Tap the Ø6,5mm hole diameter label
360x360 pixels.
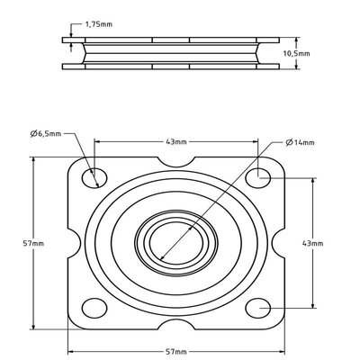pyautogui.click(x=45, y=133)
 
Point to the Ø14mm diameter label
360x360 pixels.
pyautogui.click(x=299, y=141)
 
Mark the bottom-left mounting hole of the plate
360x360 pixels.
pyautogui.click(x=92, y=306)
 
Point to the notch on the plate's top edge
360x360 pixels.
pyautogui.click(x=176, y=162)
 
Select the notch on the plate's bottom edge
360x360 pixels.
pyautogui.click(x=176, y=322)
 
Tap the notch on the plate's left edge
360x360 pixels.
pyautogui.click(x=73, y=241)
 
